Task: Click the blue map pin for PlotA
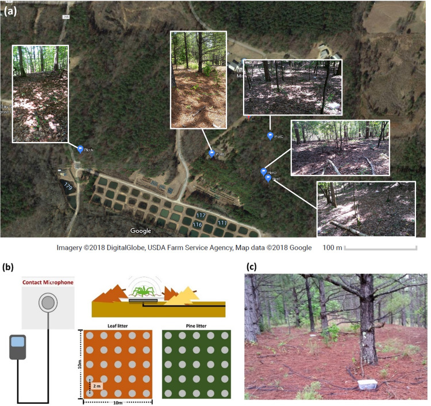click(80, 149)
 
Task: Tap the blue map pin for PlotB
click(211, 154)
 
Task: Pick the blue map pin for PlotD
click(264, 171)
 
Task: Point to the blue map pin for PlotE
click(268, 178)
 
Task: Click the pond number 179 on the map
click(68, 186)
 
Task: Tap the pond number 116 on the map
click(197, 224)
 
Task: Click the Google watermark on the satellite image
click(140, 231)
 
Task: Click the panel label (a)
click(10, 10)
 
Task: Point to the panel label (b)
click(10, 266)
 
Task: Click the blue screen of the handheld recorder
click(17, 342)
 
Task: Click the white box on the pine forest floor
click(367, 384)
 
